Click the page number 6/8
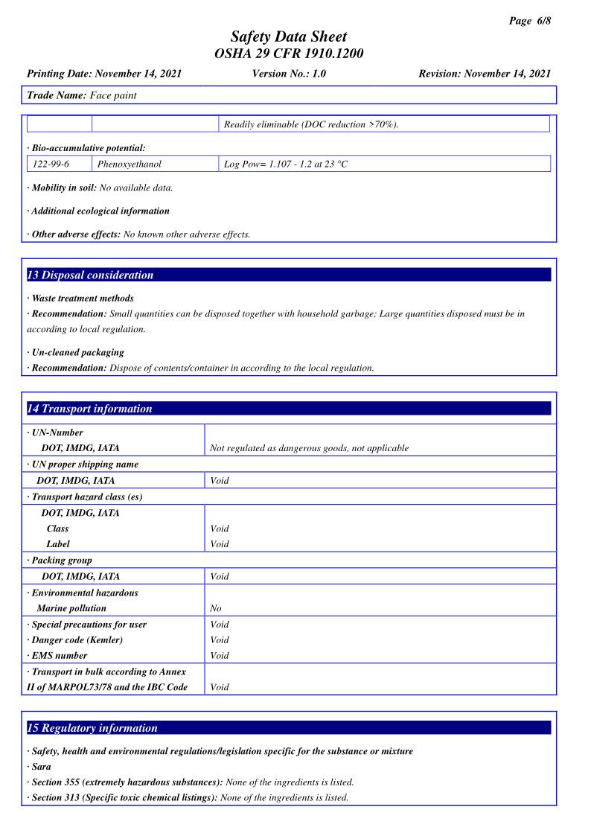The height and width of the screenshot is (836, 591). (x=530, y=21)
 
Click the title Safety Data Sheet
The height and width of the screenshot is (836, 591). (x=289, y=36)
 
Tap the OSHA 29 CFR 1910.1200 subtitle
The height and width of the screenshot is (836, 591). (x=289, y=54)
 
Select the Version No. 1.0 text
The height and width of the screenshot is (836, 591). (x=289, y=74)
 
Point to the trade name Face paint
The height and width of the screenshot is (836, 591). (x=113, y=95)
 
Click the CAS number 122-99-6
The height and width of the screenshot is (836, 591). (x=51, y=164)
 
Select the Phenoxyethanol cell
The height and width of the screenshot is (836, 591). (x=130, y=164)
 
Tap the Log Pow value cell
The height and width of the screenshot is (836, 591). (x=286, y=164)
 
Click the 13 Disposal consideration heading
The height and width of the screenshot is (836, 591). (x=90, y=275)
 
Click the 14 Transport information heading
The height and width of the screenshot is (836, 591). (x=89, y=409)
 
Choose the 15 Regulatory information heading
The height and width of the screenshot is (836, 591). (x=92, y=728)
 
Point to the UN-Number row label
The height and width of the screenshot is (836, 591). (x=57, y=433)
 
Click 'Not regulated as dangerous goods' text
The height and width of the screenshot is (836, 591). (x=309, y=448)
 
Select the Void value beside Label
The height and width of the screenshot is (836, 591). (x=220, y=544)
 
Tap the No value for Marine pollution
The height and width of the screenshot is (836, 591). (x=216, y=608)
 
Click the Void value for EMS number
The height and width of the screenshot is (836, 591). (x=220, y=656)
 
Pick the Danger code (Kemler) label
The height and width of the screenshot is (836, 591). (x=77, y=640)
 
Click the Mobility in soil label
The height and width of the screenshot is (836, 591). (x=64, y=188)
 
